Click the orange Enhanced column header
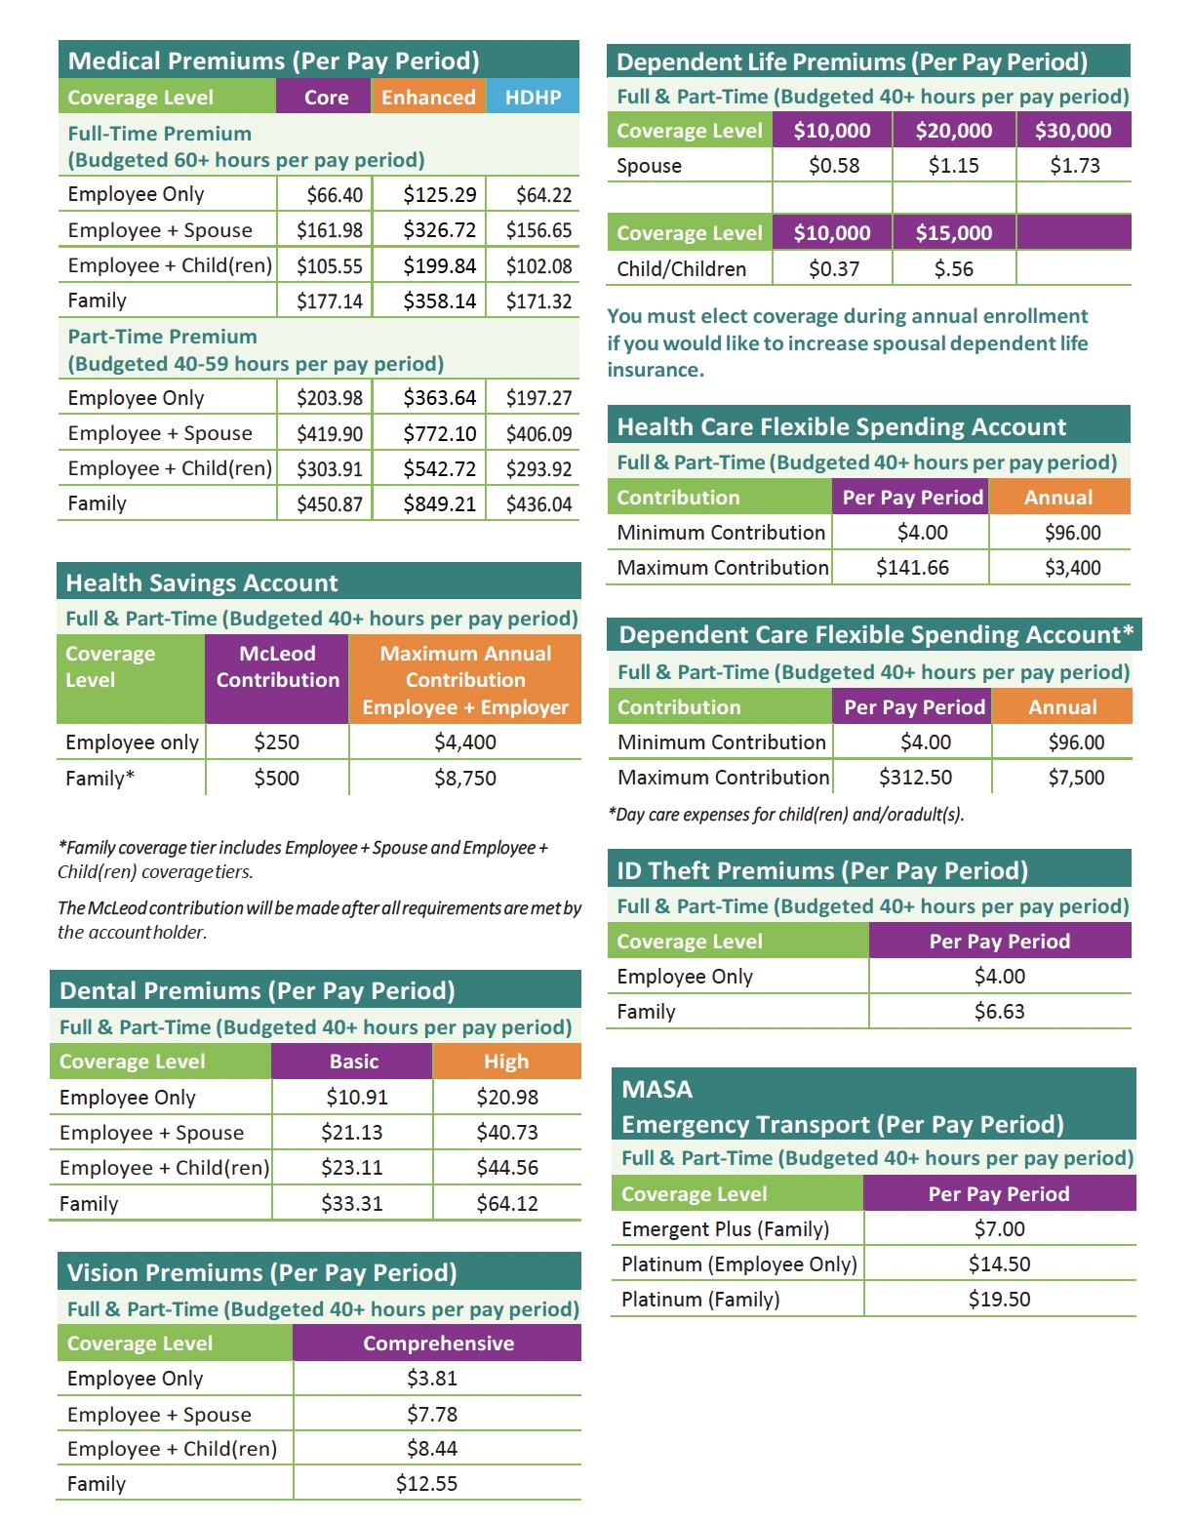pyautogui.click(x=428, y=98)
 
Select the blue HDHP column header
pyautogui.click(x=533, y=98)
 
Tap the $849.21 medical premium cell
pyautogui.click(x=440, y=504)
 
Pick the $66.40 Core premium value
pyautogui.click(x=335, y=195)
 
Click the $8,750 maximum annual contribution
pyautogui.click(x=465, y=779)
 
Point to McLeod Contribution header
pyautogui.click(x=277, y=667)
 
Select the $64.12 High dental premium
pyautogui.click(x=507, y=1204)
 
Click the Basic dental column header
pyautogui.click(x=353, y=1062)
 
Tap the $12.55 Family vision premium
pyautogui.click(x=426, y=1484)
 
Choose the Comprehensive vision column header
pyautogui.click(x=438, y=1344)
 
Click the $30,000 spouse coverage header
pyautogui.click(x=1073, y=131)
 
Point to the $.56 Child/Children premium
pyautogui.click(x=953, y=269)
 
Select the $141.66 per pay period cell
pyautogui.click(x=912, y=568)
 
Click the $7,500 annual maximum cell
pyautogui.click(x=1076, y=778)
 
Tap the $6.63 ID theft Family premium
pyautogui.click(x=999, y=1012)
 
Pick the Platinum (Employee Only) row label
pyautogui.click(x=738, y=1264)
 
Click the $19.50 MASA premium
pyautogui.click(x=999, y=1300)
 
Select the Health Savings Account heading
pyautogui.click(x=202, y=583)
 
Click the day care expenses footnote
pyautogui.click(x=785, y=815)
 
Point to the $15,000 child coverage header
pyautogui.click(x=953, y=233)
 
